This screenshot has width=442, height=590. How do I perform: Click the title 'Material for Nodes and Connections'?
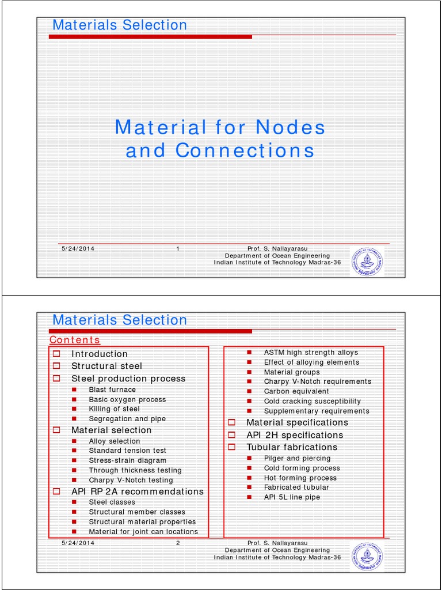coord(220,138)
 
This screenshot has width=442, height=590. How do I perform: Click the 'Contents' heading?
coord(75,340)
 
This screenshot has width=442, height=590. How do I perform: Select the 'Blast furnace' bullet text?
coord(112,389)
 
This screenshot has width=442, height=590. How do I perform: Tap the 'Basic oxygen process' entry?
coord(127,399)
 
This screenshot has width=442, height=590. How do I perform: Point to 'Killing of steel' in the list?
coord(114,409)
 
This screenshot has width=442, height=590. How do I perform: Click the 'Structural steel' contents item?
coord(106,366)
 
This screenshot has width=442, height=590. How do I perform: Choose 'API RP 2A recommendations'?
coord(137,491)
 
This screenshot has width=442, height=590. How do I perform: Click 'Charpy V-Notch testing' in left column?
coord(131,480)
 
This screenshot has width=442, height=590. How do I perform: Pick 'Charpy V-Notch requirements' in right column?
coord(318,381)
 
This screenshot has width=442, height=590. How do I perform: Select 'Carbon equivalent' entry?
coord(296,391)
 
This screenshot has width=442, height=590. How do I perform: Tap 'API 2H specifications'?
coord(295,435)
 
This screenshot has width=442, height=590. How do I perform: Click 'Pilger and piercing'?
coord(297,458)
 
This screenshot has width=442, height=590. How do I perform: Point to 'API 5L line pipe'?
coord(292,497)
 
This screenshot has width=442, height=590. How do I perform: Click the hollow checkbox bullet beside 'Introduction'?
coord(56,354)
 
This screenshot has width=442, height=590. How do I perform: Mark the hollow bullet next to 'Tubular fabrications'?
coord(232,447)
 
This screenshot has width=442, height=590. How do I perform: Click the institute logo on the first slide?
coord(366,263)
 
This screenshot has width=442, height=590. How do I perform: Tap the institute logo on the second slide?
coord(366,557)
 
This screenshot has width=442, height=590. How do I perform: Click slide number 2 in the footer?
coord(178,543)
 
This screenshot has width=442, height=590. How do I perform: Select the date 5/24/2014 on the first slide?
coord(78,248)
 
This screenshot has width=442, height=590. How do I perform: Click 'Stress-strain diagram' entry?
coord(127,460)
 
